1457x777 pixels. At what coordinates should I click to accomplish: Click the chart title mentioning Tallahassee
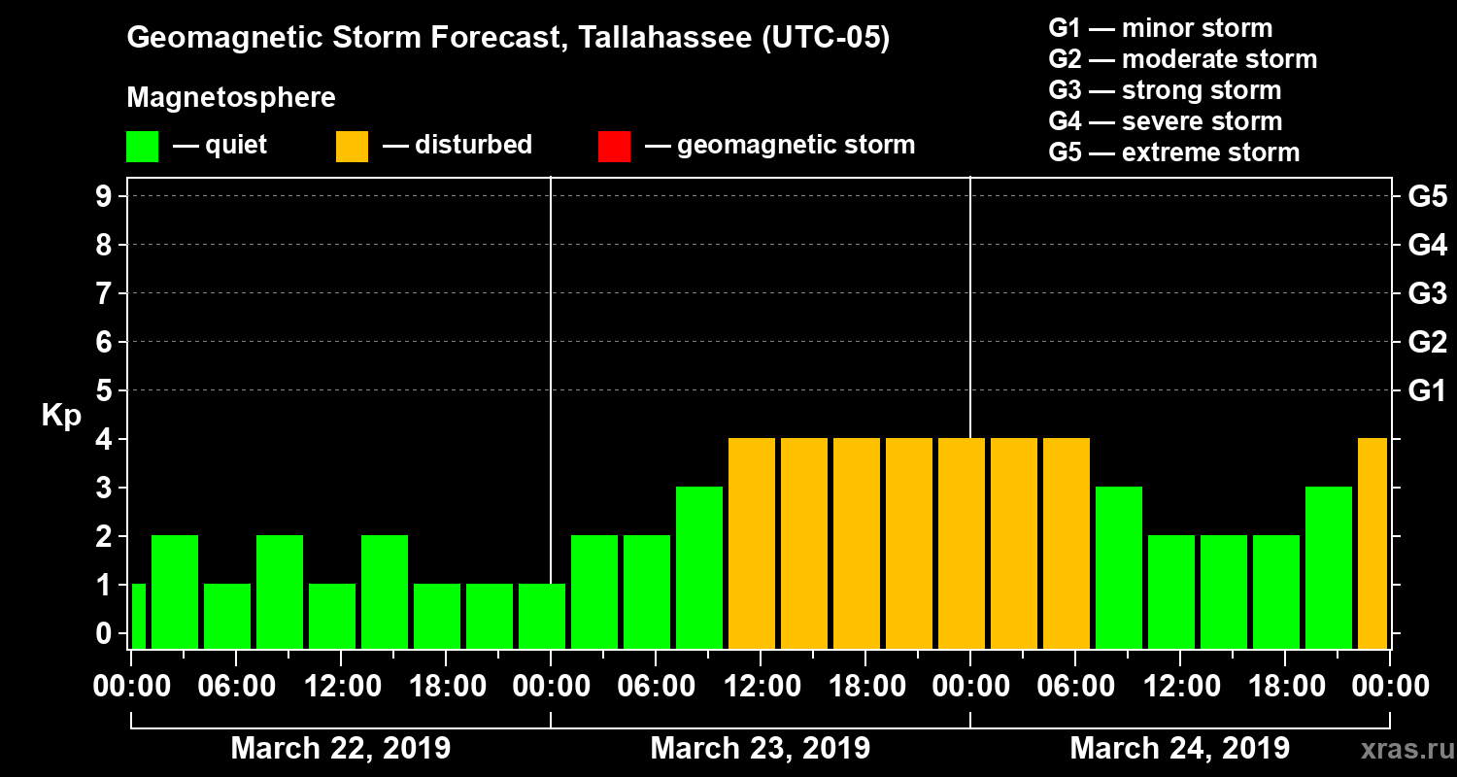(x=508, y=39)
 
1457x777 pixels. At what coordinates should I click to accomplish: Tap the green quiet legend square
(x=142, y=147)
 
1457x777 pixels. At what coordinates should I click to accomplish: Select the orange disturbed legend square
(x=352, y=147)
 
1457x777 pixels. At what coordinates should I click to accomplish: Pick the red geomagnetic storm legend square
(x=614, y=147)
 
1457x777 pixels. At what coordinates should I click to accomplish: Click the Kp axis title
(x=61, y=416)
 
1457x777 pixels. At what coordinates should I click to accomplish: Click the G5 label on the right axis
(x=1427, y=196)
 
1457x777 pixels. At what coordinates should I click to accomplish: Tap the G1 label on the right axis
(x=1427, y=390)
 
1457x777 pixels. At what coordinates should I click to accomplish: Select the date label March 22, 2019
(x=340, y=749)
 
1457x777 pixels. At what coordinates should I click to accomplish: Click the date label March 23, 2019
(x=760, y=749)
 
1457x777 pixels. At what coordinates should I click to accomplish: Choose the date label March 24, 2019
(x=1179, y=749)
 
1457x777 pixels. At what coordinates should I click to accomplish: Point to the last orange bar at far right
(x=1372, y=544)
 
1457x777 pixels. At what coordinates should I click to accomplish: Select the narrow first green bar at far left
(x=138, y=616)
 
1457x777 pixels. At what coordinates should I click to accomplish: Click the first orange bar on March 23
(x=752, y=544)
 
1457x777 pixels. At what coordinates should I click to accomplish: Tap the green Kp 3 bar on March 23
(x=699, y=567)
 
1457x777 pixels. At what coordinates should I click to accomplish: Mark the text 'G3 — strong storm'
(x=1165, y=90)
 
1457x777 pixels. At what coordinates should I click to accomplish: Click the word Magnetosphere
(x=231, y=98)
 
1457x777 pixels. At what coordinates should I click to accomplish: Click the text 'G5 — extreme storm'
(x=1173, y=152)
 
